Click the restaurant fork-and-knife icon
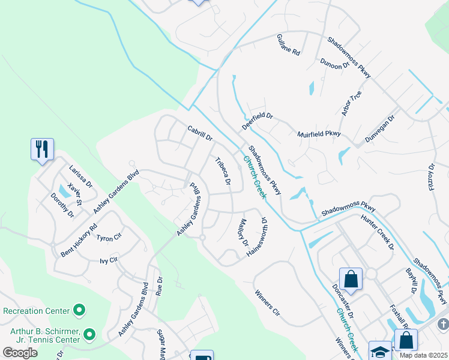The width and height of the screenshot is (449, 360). (x=42, y=149)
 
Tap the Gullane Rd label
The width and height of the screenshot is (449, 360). (x=288, y=45)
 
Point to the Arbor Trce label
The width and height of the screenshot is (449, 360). (x=351, y=103)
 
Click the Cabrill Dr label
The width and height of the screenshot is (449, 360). (x=200, y=133)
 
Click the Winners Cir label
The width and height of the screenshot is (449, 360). (x=268, y=304)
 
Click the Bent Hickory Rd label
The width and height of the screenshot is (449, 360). (x=79, y=241)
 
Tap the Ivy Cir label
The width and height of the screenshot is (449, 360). (x=109, y=260)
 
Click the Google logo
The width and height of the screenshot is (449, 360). (x=20, y=353)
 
